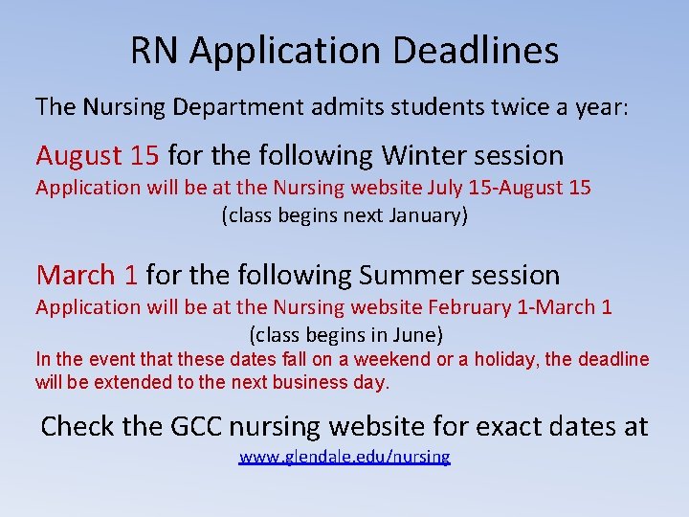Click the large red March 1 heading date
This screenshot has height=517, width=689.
point(87,276)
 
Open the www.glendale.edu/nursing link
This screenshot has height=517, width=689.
point(344,457)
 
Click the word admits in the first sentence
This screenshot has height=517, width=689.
point(346,106)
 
